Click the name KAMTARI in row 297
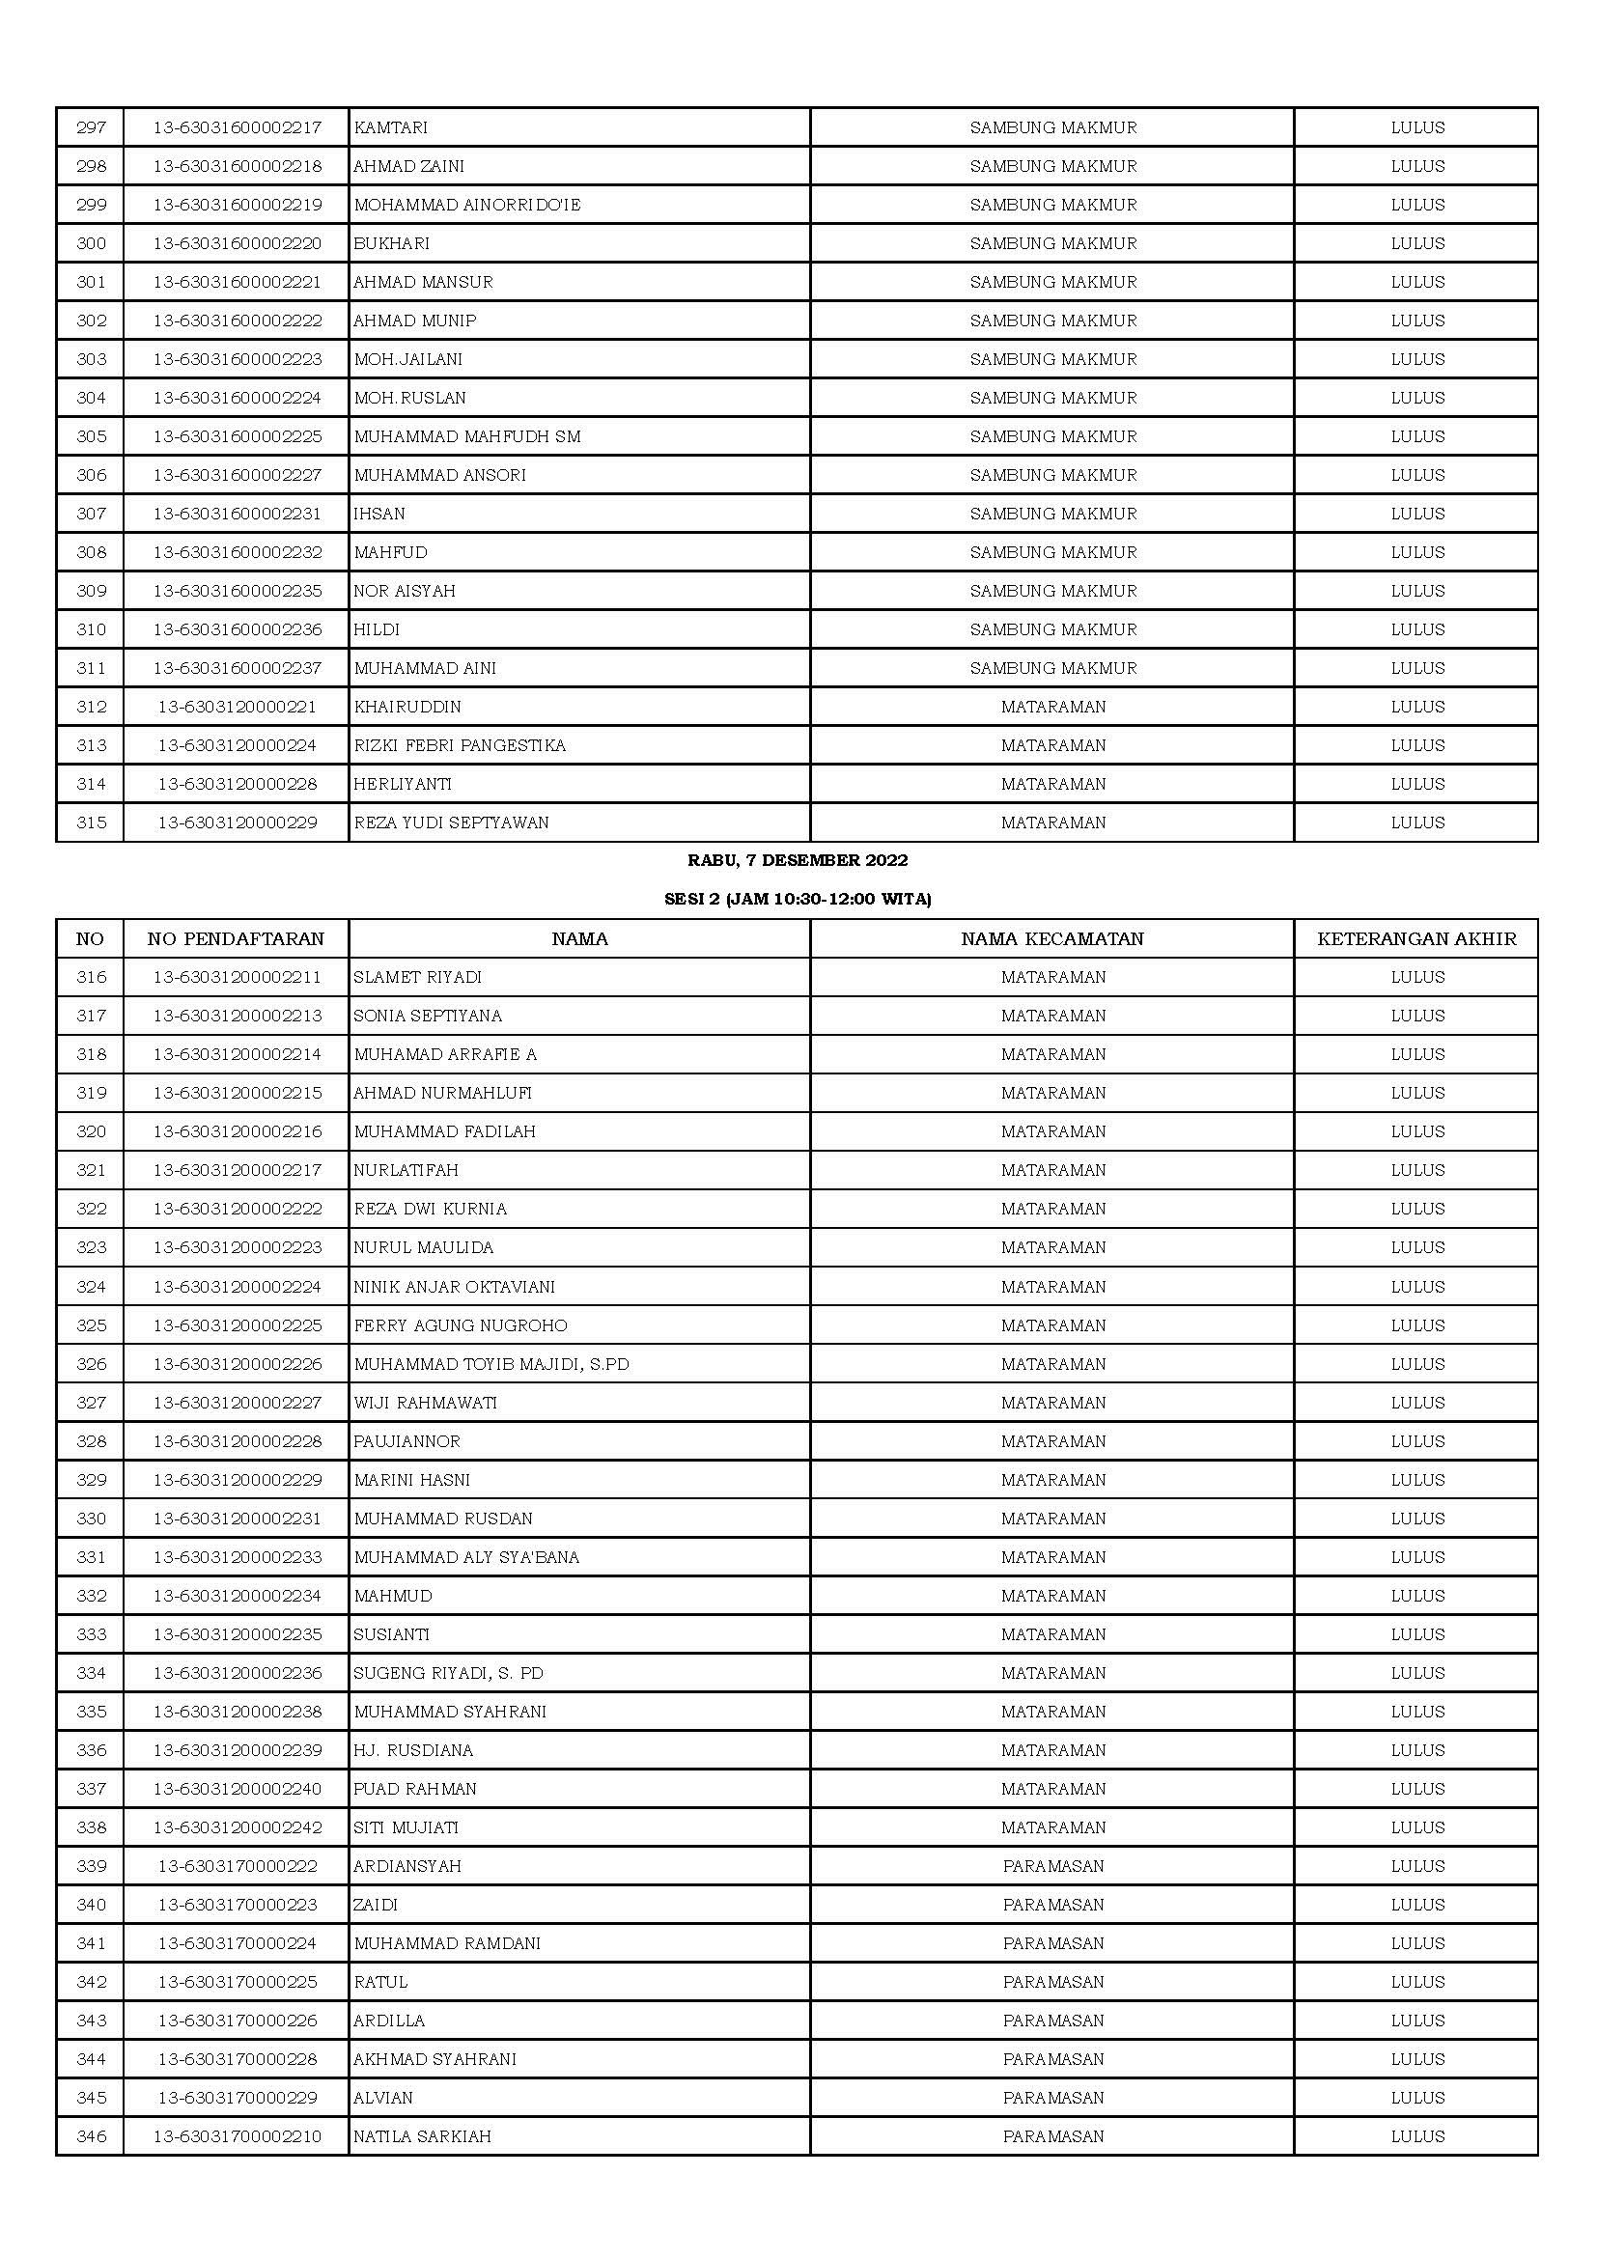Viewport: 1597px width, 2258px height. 390,127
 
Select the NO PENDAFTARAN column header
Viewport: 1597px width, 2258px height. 236,939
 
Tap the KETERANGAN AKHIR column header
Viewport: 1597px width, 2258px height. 1416,939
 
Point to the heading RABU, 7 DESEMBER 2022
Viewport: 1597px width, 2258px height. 798,860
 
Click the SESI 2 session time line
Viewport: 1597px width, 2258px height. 798,899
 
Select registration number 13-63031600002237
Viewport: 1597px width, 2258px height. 237,669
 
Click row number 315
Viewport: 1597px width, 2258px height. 92,823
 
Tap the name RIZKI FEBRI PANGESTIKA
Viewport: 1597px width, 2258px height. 461,745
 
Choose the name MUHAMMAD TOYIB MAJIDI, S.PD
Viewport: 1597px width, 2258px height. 491,1365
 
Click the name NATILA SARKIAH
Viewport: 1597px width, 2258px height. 423,2137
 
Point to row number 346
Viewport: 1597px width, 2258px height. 92,2137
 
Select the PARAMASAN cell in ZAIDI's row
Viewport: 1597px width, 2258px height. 1053,1905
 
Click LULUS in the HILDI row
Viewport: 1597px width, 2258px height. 1417,629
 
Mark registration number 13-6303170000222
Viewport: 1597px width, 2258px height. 237,1867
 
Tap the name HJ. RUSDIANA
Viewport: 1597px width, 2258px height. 414,1750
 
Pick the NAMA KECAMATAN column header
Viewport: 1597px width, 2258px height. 1052,939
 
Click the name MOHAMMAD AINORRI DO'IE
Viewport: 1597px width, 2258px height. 467,206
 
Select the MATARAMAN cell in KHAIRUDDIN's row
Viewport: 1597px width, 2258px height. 1053,707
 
